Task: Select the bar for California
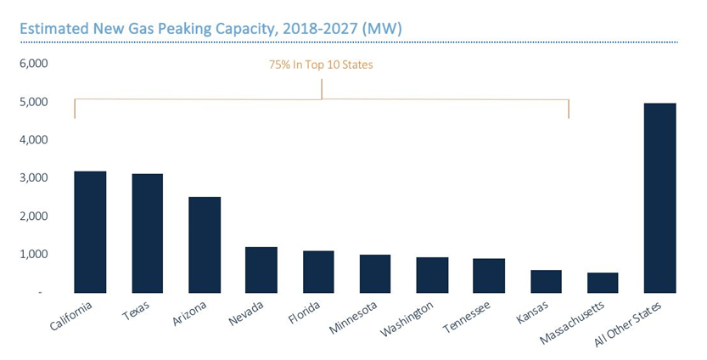(91, 231)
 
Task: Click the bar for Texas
(148, 233)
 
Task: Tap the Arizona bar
(205, 245)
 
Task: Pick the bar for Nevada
(261, 269)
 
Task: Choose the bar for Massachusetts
(603, 282)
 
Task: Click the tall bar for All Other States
(659, 198)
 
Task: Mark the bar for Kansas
(546, 281)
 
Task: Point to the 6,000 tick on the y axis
(35, 64)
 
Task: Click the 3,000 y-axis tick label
(35, 178)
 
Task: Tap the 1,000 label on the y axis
(35, 255)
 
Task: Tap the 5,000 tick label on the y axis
(35, 102)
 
